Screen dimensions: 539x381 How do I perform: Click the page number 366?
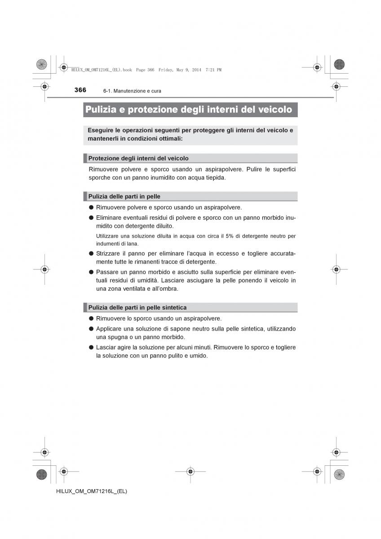(x=80, y=90)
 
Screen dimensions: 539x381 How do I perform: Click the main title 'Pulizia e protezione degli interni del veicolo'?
(x=189, y=110)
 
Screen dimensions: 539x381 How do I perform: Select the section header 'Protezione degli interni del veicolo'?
(x=138, y=158)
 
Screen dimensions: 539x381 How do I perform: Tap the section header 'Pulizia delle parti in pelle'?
(x=124, y=196)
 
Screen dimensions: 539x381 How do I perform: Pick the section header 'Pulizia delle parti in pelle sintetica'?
(x=137, y=307)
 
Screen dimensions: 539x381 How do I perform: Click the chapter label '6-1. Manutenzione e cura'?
(x=132, y=91)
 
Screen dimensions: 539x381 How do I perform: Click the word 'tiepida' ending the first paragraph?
(x=214, y=177)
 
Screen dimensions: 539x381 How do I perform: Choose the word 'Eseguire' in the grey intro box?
(x=102, y=130)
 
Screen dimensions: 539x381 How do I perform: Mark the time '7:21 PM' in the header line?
(x=213, y=70)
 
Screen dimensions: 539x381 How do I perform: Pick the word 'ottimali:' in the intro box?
(x=168, y=139)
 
